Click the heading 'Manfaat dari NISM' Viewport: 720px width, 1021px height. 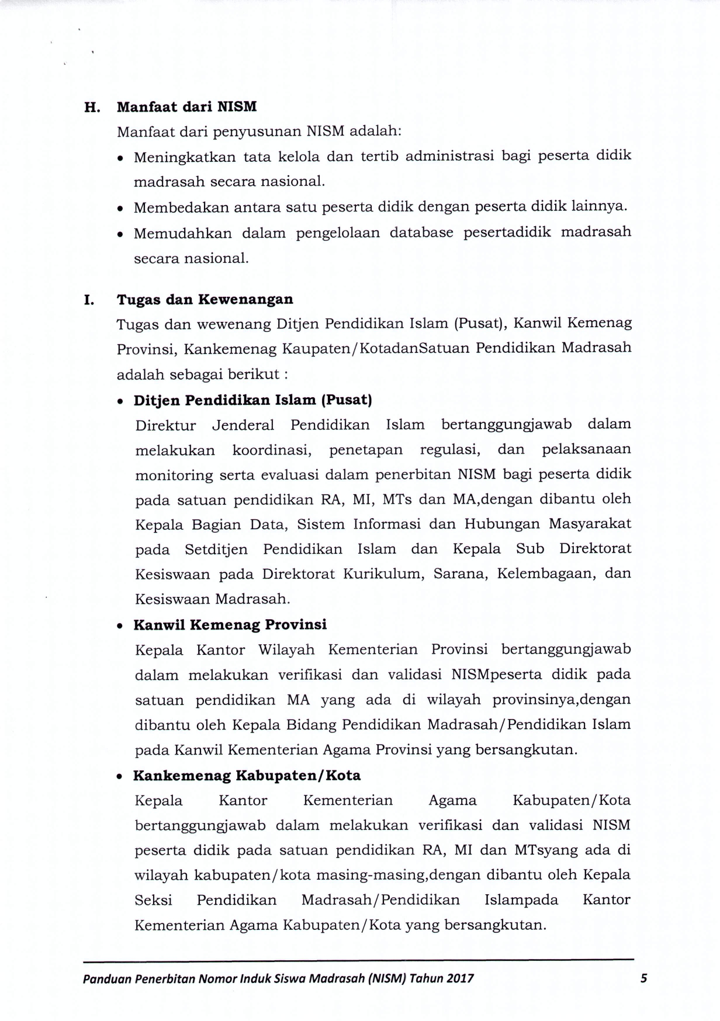pos(186,107)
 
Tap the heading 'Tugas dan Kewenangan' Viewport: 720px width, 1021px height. pos(205,300)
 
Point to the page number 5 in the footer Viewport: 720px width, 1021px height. pos(643,978)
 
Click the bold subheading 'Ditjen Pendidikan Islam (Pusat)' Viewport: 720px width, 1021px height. pos(253,400)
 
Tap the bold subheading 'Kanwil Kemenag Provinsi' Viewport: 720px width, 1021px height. pos(230,625)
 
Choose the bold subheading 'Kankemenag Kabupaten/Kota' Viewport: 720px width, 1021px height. pos(247,776)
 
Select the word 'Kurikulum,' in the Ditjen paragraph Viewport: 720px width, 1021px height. pos(383,574)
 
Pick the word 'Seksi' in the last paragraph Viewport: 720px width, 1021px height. pos(153,900)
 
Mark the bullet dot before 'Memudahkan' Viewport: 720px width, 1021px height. pos(120,234)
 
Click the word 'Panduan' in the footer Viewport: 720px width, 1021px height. pos(106,978)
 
